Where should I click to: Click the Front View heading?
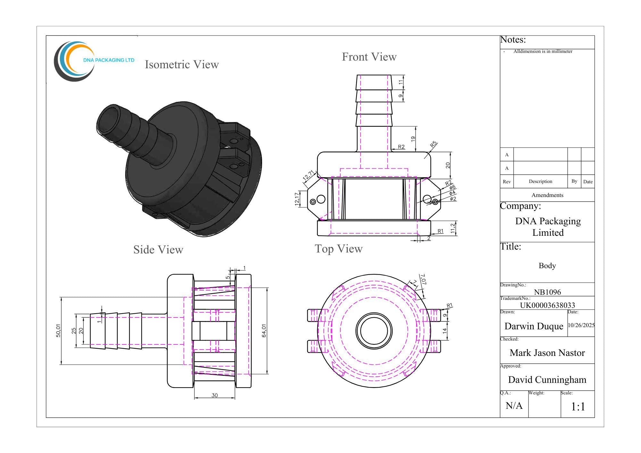coord(369,57)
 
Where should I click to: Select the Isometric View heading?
coord(182,65)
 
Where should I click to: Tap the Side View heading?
coord(158,250)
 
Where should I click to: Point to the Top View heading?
coord(338,249)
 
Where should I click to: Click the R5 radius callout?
coord(434,144)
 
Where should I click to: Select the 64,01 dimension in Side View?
coord(264,331)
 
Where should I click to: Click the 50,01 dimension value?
coord(58,331)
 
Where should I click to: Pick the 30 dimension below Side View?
coord(214,395)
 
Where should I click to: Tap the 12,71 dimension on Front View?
coord(308,176)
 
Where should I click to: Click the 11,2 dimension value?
coord(453,228)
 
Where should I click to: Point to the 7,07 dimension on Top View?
coord(423,279)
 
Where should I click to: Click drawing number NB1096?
coord(547,292)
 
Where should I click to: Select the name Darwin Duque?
coord(534,326)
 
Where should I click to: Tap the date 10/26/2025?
coord(581,325)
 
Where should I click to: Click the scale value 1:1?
coord(578,407)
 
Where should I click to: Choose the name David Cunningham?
coord(547,380)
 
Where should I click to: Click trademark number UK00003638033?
coord(547,305)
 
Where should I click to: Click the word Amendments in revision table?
coord(547,195)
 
